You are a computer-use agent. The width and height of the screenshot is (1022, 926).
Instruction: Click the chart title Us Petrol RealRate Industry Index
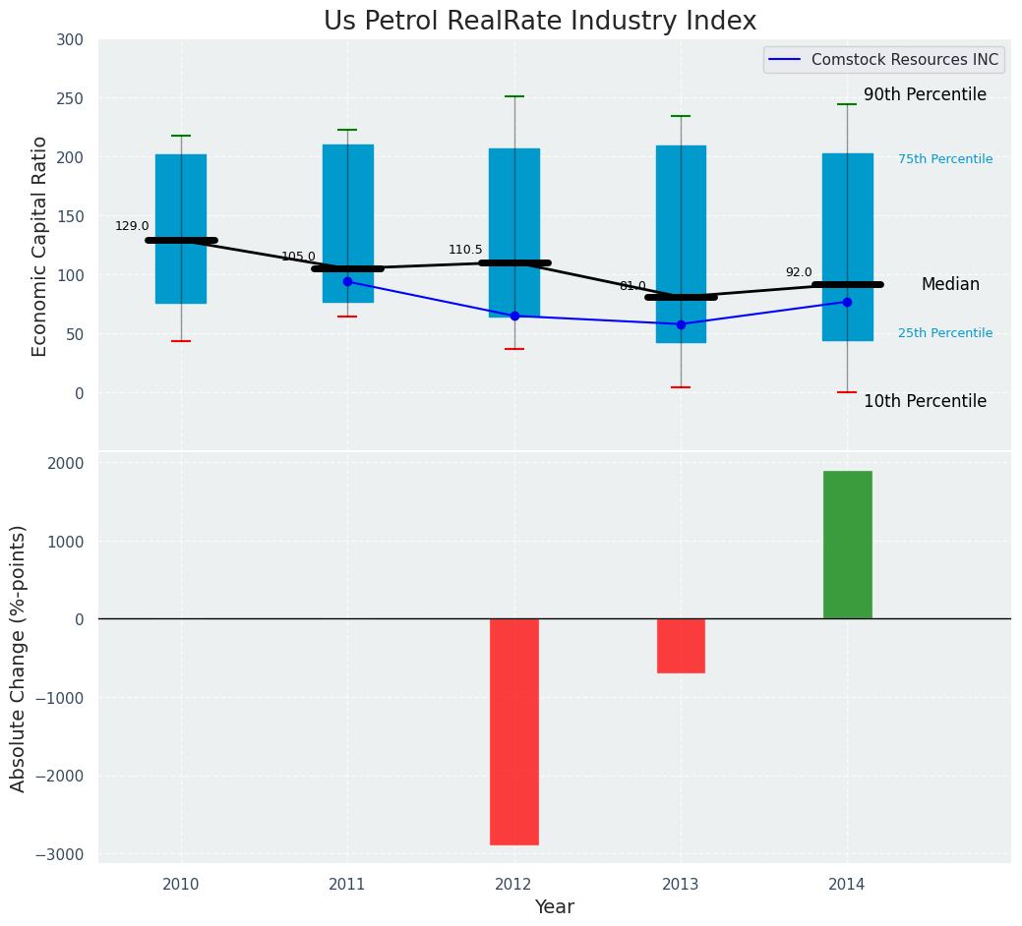click(540, 22)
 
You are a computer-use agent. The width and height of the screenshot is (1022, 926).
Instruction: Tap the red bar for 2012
click(514, 731)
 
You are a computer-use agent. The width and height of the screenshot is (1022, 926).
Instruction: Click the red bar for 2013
click(681, 646)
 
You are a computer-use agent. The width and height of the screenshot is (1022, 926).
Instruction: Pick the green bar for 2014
click(847, 545)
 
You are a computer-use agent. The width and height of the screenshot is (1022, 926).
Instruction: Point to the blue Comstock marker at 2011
click(347, 281)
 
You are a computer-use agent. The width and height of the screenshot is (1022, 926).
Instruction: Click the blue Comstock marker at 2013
click(681, 324)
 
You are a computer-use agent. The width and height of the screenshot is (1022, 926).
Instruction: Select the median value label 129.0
click(132, 226)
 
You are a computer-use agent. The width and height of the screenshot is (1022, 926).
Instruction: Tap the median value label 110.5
click(465, 250)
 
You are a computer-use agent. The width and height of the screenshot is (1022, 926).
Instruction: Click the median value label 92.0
click(799, 272)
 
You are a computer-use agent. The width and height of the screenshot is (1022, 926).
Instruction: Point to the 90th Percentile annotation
click(925, 94)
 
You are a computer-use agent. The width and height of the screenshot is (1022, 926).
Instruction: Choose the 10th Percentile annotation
click(925, 401)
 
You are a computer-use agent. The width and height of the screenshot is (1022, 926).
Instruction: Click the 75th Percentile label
click(945, 159)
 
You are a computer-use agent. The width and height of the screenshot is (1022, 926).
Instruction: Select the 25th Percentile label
click(945, 333)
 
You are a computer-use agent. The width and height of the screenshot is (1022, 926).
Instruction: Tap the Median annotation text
click(950, 284)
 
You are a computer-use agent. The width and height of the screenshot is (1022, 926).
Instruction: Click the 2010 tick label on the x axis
click(181, 885)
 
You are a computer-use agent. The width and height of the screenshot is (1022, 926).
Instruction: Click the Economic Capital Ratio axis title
click(40, 246)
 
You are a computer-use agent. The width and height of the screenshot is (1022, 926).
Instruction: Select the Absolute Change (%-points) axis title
click(19, 658)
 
